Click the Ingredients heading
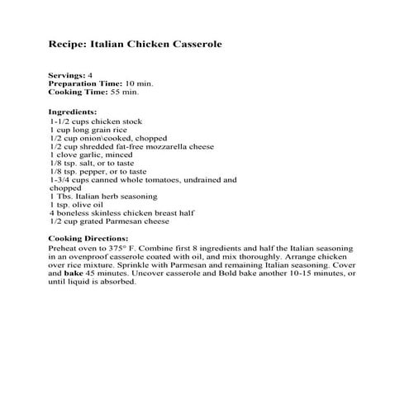tap(73, 112)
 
